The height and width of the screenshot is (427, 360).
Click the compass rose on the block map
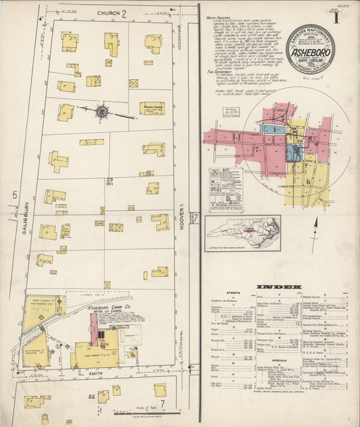click(101, 111)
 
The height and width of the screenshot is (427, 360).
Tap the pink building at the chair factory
click(95, 329)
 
